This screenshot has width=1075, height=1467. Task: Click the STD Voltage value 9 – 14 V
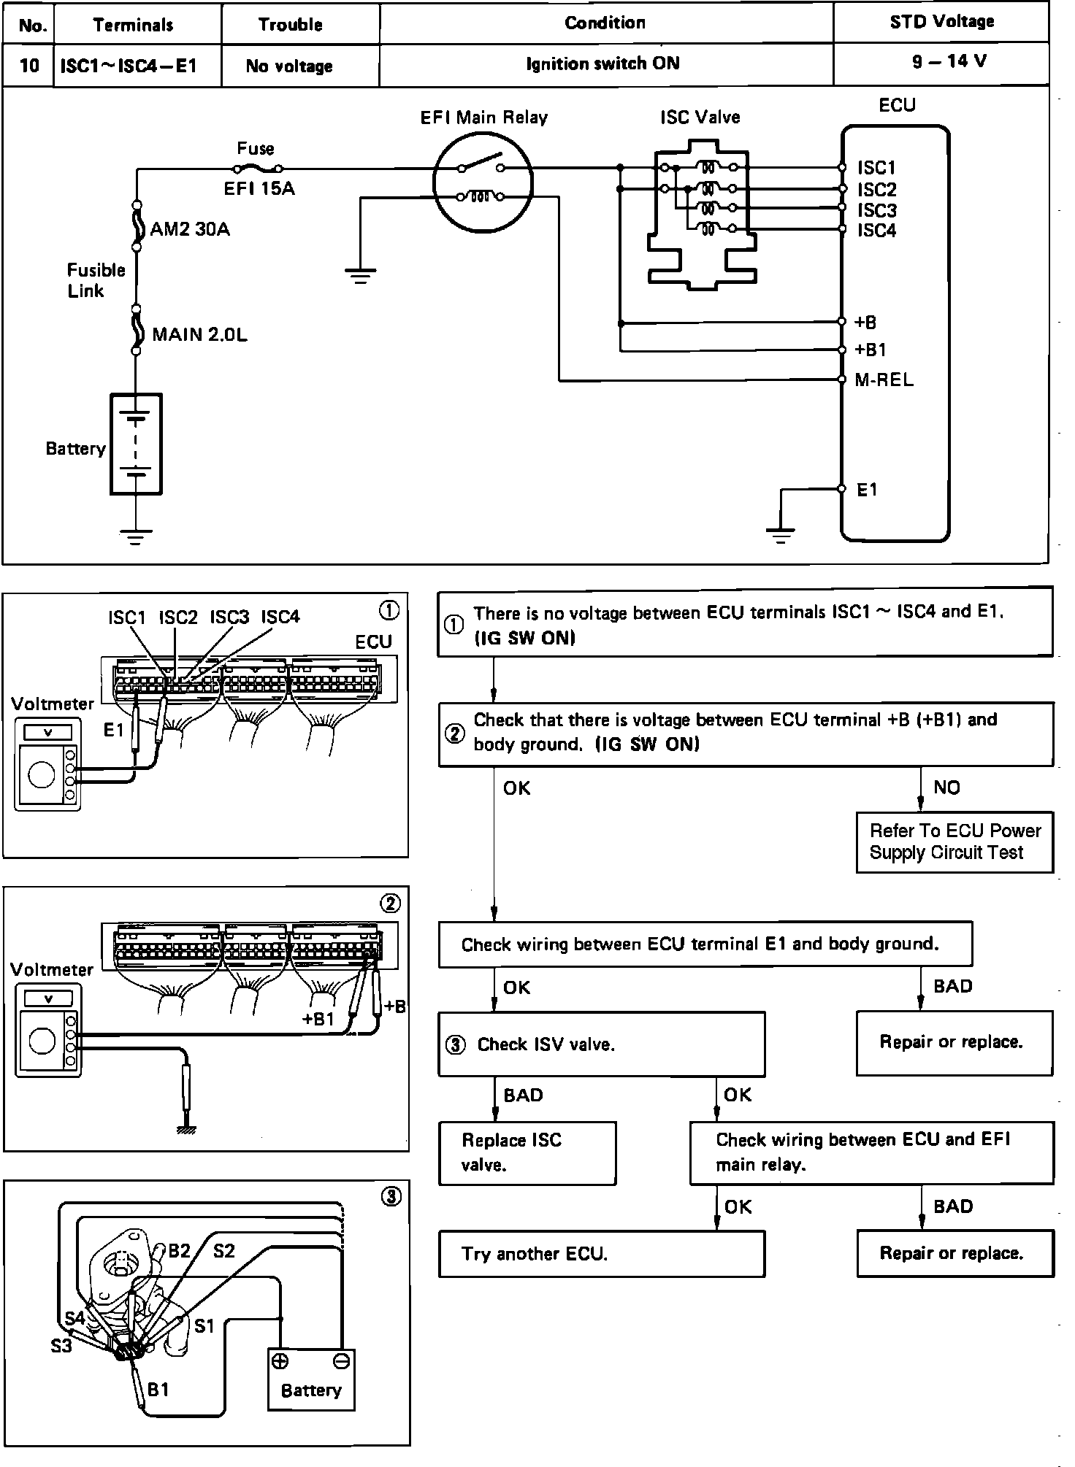tap(949, 61)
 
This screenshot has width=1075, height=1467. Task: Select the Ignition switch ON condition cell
tap(602, 64)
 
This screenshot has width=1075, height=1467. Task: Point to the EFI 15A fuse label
tap(259, 189)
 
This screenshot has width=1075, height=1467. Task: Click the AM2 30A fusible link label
tap(190, 230)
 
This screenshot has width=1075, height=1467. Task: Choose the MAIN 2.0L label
tap(199, 335)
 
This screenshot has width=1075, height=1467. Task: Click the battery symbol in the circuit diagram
tap(136, 444)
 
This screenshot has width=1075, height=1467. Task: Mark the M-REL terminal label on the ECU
tap(884, 380)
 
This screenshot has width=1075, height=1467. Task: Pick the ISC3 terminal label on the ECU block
tap(876, 211)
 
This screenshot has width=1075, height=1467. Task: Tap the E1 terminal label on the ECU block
tap(867, 490)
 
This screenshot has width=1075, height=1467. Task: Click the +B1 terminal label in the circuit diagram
tap(871, 350)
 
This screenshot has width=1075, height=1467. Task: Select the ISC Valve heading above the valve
tap(700, 118)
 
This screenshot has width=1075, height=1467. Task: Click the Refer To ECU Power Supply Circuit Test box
tap(955, 842)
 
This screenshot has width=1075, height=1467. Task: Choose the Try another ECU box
tap(601, 1254)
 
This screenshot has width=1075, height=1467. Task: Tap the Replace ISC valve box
tap(527, 1153)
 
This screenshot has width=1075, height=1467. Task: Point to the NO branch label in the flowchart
tap(946, 788)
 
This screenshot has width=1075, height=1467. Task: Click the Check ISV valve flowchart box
tap(601, 1044)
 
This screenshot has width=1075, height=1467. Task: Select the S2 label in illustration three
tap(223, 1252)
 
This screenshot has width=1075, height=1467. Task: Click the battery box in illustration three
tap(311, 1378)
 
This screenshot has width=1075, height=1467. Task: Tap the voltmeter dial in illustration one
tap(41, 774)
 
